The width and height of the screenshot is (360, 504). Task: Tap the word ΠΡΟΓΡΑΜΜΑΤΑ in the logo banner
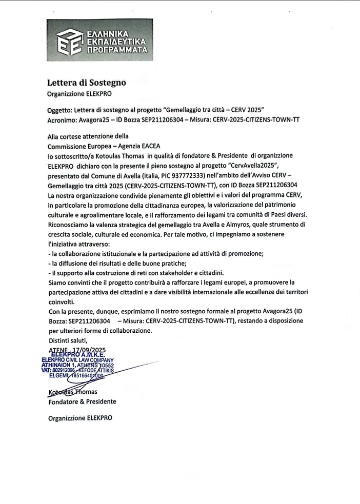coord(117,50)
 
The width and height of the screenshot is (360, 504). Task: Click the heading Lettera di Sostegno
coord(86,82)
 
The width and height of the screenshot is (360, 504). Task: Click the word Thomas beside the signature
coord(87,392)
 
